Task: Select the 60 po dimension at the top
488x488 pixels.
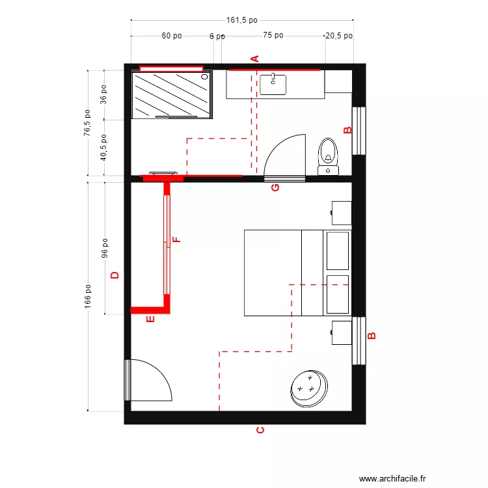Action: [172, 36]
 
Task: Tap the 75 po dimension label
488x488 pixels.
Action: [273, 36]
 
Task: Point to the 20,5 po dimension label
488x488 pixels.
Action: [338, 36]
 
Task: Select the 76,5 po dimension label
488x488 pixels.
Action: [88, 122]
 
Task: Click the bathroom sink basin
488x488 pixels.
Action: [273, 84]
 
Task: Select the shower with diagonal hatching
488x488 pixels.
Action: [172, 95]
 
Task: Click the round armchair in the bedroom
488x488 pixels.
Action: [308, 388]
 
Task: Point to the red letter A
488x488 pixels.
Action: [256, 58]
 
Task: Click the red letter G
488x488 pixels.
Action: [275, 188]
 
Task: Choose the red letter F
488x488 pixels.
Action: [176, 239]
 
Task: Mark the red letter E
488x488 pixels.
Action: [150, 319]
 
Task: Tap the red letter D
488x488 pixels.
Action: [115, 275]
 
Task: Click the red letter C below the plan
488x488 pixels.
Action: [260, 431]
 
